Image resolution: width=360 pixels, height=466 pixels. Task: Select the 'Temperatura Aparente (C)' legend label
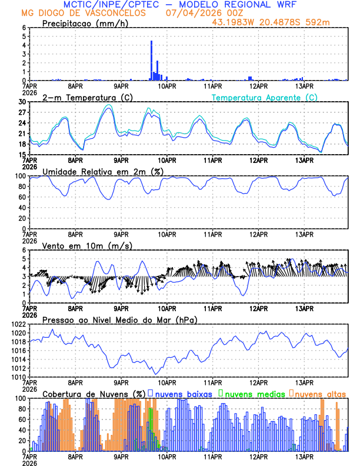pos(265,97)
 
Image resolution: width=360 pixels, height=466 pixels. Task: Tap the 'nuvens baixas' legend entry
pos(183,393)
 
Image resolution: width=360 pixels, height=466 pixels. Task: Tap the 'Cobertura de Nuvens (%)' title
pos(94,393)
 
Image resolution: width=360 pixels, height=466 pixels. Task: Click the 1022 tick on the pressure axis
pos(19,324)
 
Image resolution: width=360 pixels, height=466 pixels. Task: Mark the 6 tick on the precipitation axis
pos(24,28)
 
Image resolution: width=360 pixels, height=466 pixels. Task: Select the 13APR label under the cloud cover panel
pos(304,456)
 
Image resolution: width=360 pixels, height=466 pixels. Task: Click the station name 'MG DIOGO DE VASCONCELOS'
pos(83,13)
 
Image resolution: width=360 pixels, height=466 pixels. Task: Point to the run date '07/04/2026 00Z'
pos(197,13)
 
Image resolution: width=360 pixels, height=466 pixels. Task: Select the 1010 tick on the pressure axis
pos(19,377)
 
